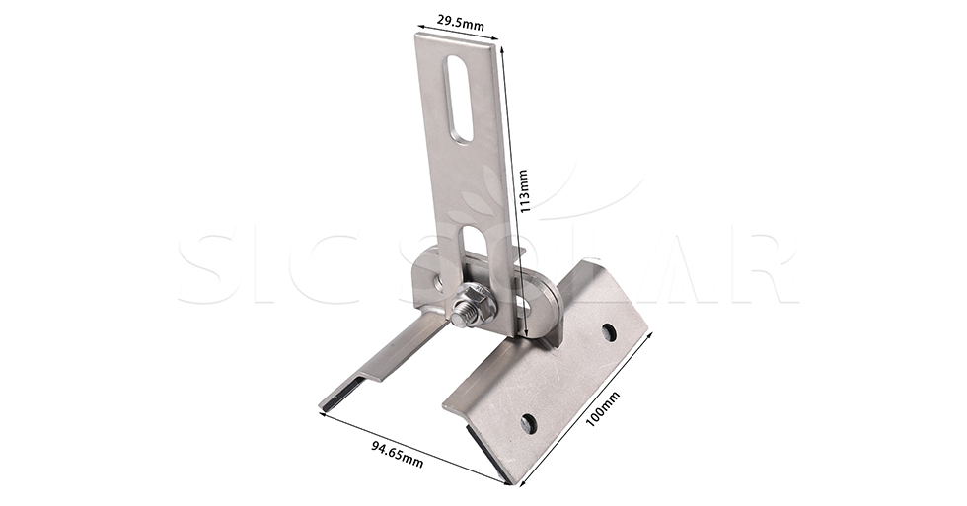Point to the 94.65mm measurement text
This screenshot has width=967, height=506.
[x=398, y=454]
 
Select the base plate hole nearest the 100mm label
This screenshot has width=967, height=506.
[x=609, y=332]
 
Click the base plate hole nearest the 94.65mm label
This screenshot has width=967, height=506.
[x=529, y=423]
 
